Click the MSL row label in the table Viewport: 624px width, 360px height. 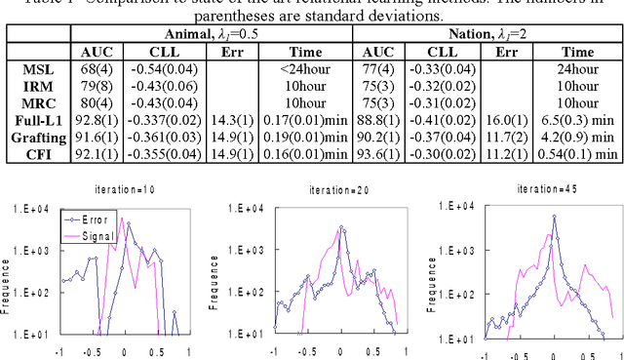pos(35,70)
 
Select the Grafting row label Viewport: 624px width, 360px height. pos(35,137)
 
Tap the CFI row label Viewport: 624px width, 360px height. pos(35,153)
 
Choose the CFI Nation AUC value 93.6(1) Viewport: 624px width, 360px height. pos(377,153)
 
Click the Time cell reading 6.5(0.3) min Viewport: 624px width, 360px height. pos(578,120)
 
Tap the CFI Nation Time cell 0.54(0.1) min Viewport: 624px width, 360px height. pos(578,153)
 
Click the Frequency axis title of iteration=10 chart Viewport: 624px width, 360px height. pos(7,281)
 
